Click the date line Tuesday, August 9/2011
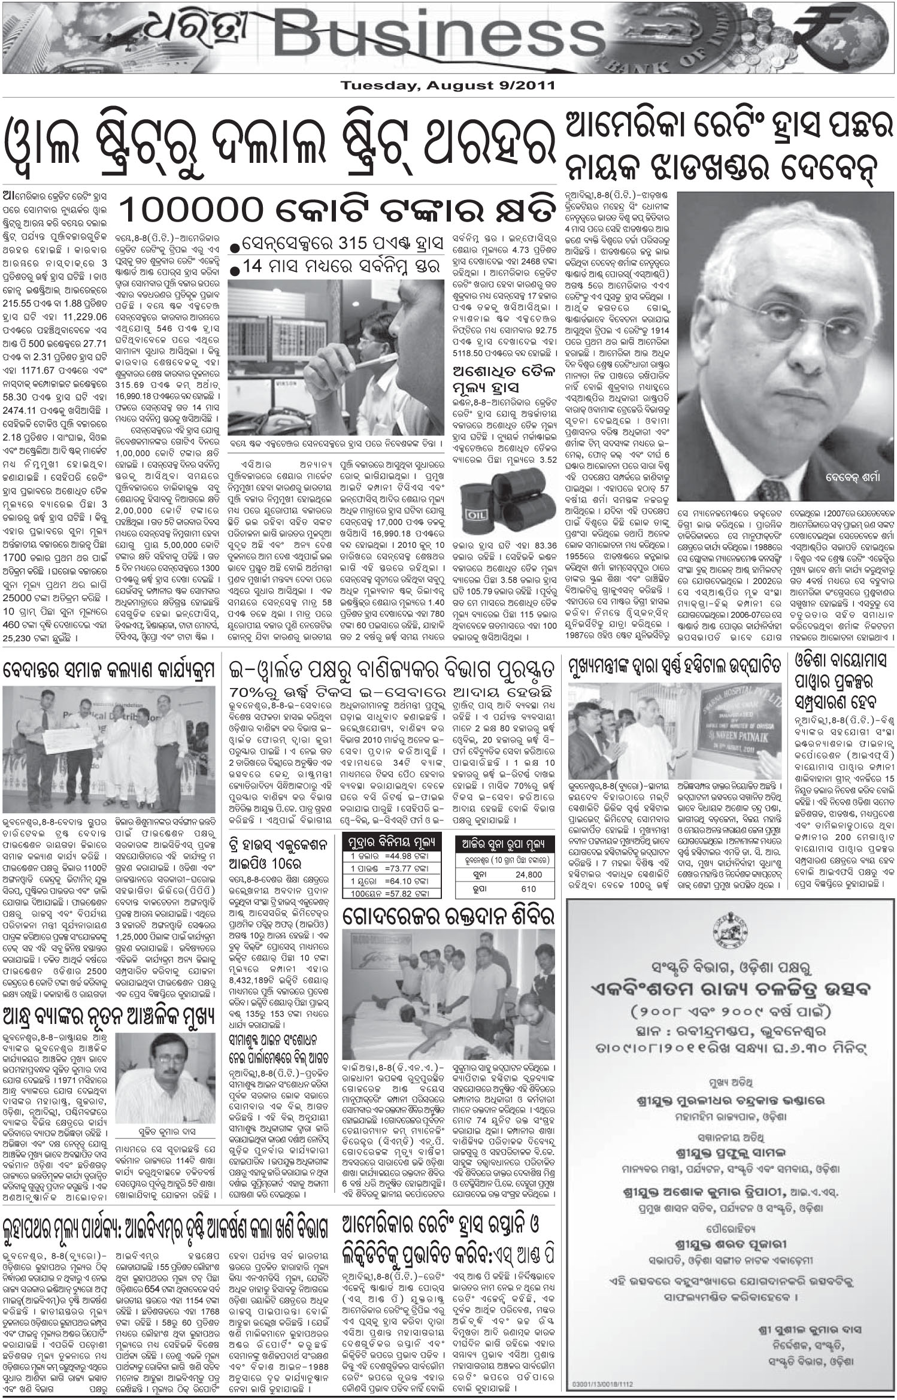click(448, 86)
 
